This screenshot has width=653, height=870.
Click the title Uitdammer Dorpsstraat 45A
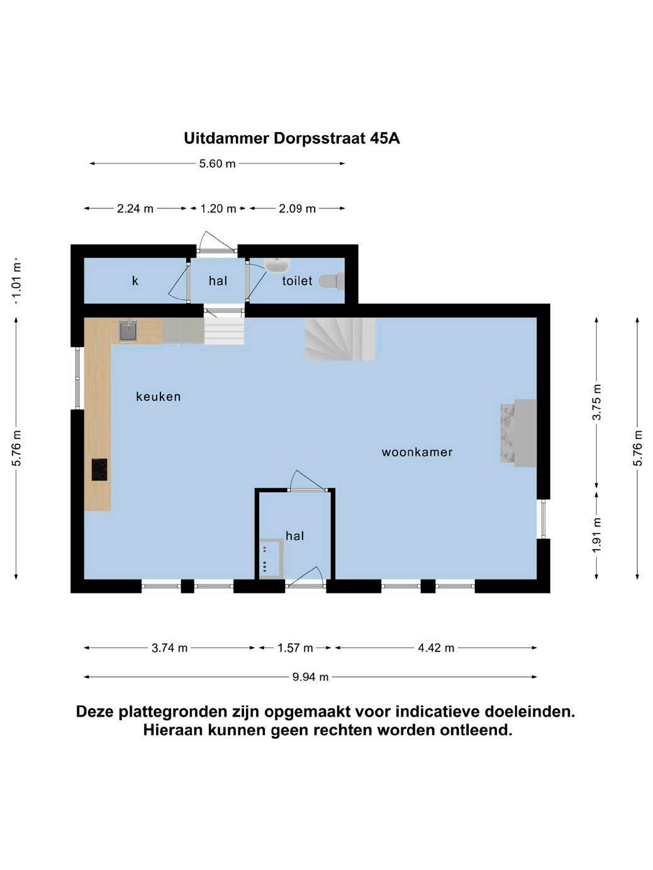point(291,138)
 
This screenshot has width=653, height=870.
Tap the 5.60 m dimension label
point(217,164)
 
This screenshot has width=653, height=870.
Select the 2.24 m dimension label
point(135,209)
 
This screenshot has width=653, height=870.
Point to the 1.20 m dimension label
point(218,209)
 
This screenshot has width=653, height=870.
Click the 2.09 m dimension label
point(297,209)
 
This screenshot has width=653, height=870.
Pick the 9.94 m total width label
point(310,677)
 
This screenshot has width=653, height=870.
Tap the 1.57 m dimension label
point(295,648)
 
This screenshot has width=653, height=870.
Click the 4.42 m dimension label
point(436,648)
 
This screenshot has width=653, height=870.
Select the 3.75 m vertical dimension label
point(597,402)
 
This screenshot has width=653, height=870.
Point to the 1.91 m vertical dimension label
point(597,535)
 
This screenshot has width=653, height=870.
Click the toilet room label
point(297,281)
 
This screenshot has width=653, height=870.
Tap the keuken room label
point(159,397)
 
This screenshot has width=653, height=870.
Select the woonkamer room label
point(417,452)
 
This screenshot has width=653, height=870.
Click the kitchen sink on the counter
point(128,331)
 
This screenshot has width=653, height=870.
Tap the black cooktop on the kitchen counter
point(99,470)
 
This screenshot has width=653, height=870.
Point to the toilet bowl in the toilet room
point(332,280)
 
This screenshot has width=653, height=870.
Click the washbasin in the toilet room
point(276,265)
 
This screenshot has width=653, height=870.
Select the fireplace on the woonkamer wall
point(520,433)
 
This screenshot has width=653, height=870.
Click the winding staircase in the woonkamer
point(340,339)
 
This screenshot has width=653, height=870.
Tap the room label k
point(135,281)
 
